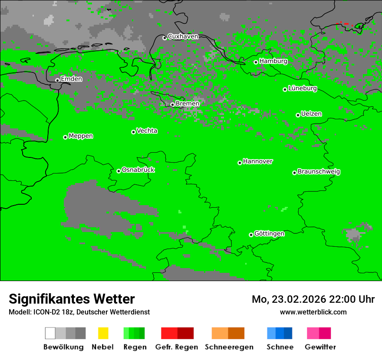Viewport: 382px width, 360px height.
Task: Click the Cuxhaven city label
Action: point(183,36)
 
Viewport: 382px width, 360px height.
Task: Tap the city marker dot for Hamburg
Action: point(256,62)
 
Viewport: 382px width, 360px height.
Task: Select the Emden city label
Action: point(71,79)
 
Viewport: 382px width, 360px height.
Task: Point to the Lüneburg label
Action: point(303,88)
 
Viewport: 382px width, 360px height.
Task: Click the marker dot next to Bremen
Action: point(172,105)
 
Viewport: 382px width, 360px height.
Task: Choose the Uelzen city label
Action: point(311,114)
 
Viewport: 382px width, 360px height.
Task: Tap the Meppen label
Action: point(81,136)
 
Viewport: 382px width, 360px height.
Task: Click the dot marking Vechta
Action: point(133,132)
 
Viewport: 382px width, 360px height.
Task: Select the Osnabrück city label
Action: point(138,170)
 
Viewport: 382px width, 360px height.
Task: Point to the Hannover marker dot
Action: point(240,163)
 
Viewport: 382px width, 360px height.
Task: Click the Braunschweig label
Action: point(319,172)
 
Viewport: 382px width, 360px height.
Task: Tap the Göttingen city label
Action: point(269,234)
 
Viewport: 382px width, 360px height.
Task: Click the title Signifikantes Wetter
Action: point(72,299)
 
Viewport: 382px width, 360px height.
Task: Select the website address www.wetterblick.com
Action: point(313,312)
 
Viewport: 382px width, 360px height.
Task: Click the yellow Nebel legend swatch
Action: point(103,333)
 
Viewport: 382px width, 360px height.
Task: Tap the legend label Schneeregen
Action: point(228,347)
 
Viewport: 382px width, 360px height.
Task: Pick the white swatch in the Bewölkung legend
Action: point(50,333)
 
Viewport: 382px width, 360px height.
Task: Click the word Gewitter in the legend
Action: point(320,347)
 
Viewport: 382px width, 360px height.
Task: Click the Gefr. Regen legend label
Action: point(176,347)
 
